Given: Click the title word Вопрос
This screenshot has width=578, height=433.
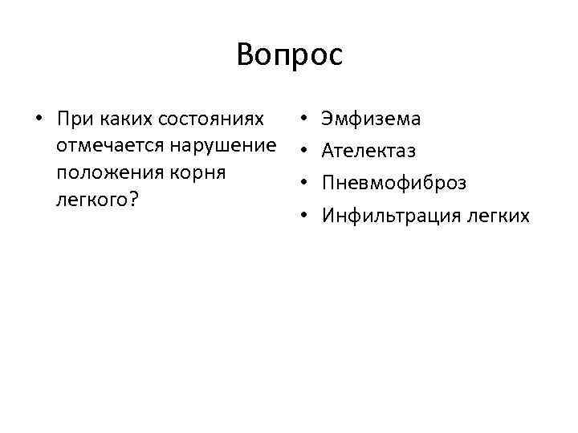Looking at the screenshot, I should pyautogui.click(x=289, y=55).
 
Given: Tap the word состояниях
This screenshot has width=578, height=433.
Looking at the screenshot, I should pyautogui.click(x=213, y=119).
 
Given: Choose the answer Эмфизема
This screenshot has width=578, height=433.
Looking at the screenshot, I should pyautogui.click(x=370, y=119).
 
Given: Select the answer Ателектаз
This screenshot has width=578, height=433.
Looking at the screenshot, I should pyautogui.click(x=368, y=151).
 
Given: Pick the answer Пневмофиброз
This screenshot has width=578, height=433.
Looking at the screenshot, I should pyautogui.click(x=393, y=183).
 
